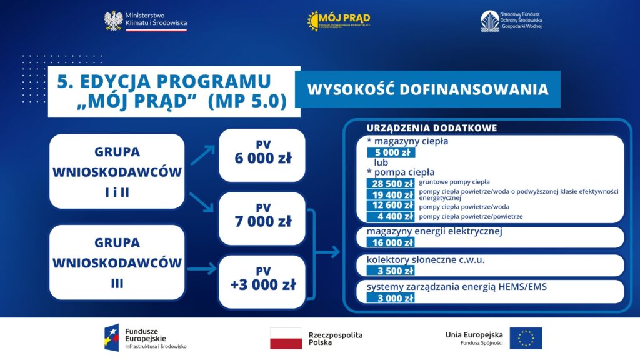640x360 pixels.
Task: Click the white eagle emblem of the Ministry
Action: pyautogui.click(x=113, y=21)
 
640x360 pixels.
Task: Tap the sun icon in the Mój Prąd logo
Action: pyautogui.click(x=313, y=21)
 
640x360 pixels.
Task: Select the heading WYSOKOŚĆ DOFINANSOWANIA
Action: pyautogui.click(x=428, y=89)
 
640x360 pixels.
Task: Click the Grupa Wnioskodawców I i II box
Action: pyautogui.click(x=117, y=171)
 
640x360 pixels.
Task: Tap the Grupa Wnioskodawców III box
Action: pyautogui.click(x=117, y=262)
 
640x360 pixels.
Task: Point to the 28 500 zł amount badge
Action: pyautogui.click(x=391, y=183)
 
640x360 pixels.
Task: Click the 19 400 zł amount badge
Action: pyautogui.click(x=391, y=194)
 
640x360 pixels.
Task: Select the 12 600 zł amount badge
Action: pyautogui.click(x=391, y=205)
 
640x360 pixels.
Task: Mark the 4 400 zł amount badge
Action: pyautogui.click(x=391, y=216)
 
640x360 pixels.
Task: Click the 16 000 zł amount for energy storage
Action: pyautogui.click(x=391, y=242)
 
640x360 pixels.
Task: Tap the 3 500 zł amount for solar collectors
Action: pyautogui.click(x=391, y=271)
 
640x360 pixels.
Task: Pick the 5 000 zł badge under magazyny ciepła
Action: pyautogui.click(x=391, y=152)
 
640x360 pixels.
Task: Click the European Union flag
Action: pyautogui.click(x=526, y=338)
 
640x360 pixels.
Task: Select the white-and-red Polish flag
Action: pyautogui.click(x=286, y=338)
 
